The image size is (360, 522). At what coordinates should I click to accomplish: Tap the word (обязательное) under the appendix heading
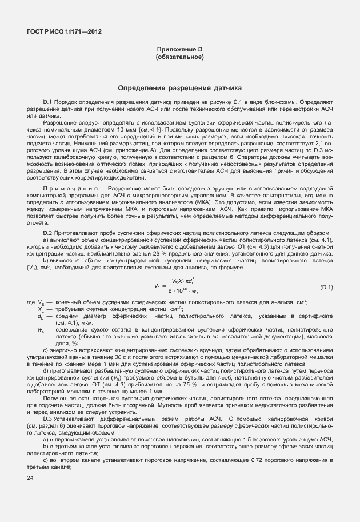pyautogui.click(x=180, y=58)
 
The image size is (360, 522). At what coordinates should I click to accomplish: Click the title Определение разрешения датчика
pyautogui.click(x=179, y=88)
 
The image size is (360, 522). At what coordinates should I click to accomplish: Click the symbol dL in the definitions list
pyautogui.click(x=40, y=316)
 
